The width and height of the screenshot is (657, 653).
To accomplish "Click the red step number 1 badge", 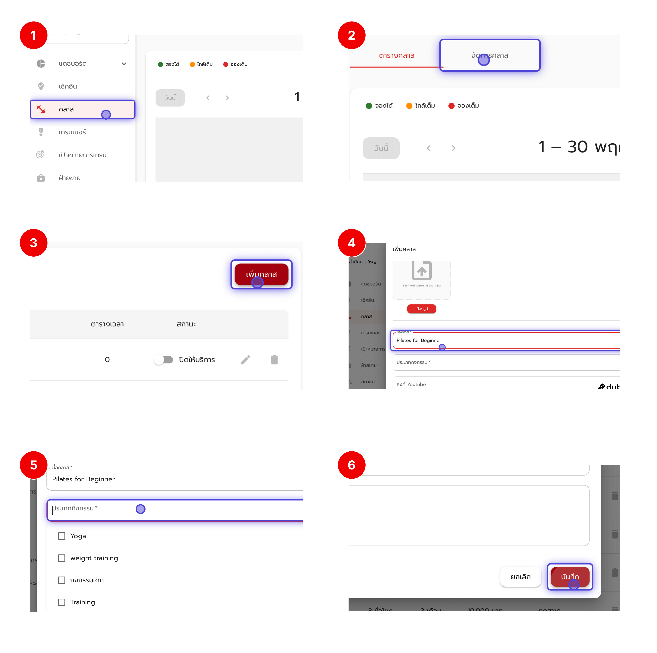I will [x=33, y=35].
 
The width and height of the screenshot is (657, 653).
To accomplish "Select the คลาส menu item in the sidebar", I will [x=82, y=109].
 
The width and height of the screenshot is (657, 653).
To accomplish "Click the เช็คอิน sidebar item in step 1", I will [x=68, y=86].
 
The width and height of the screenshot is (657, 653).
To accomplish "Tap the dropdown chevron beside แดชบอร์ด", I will [x=124, y=64].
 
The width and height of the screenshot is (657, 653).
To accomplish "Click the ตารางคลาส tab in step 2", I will [x=396, y=55].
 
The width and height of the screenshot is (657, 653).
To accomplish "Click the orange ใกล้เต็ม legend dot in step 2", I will [x=409, y=106].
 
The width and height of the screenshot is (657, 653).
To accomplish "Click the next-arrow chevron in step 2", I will [x=453, y=148].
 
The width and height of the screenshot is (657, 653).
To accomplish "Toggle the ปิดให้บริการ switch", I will [x=164, y=359].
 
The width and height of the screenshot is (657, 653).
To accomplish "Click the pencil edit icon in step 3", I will [x=245, y=359].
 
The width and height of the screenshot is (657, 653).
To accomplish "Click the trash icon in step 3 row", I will [x=274, y=359].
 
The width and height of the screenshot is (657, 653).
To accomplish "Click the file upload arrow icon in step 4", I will [x=421, y=270].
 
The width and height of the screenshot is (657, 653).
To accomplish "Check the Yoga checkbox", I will [x=62, y=536].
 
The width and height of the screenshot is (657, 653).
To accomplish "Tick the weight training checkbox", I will [x=62, y=558].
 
